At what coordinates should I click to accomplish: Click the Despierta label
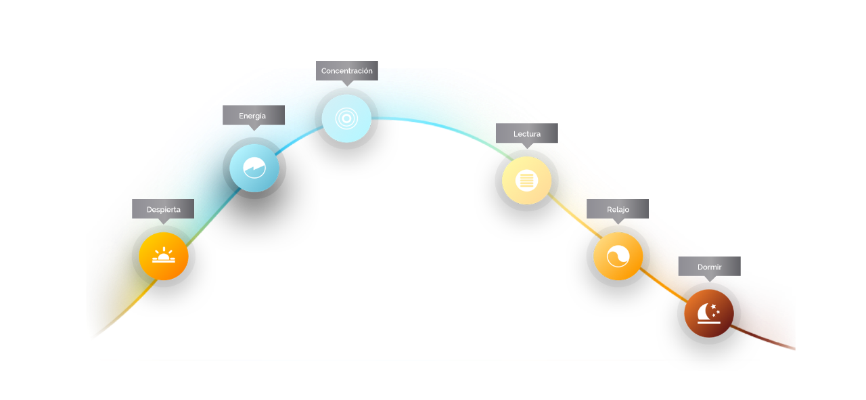163,209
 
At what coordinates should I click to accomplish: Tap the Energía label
253,116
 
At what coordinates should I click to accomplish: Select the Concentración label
346,71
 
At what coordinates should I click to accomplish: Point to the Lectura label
526,134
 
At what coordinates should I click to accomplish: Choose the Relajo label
618,209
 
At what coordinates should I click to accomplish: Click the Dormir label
709,267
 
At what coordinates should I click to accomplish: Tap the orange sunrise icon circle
164,256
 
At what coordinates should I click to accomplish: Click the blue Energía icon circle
254,167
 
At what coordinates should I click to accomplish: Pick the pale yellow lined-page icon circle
526,180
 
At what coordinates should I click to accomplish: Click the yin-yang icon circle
618,256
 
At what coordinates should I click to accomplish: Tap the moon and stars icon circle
709,313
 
